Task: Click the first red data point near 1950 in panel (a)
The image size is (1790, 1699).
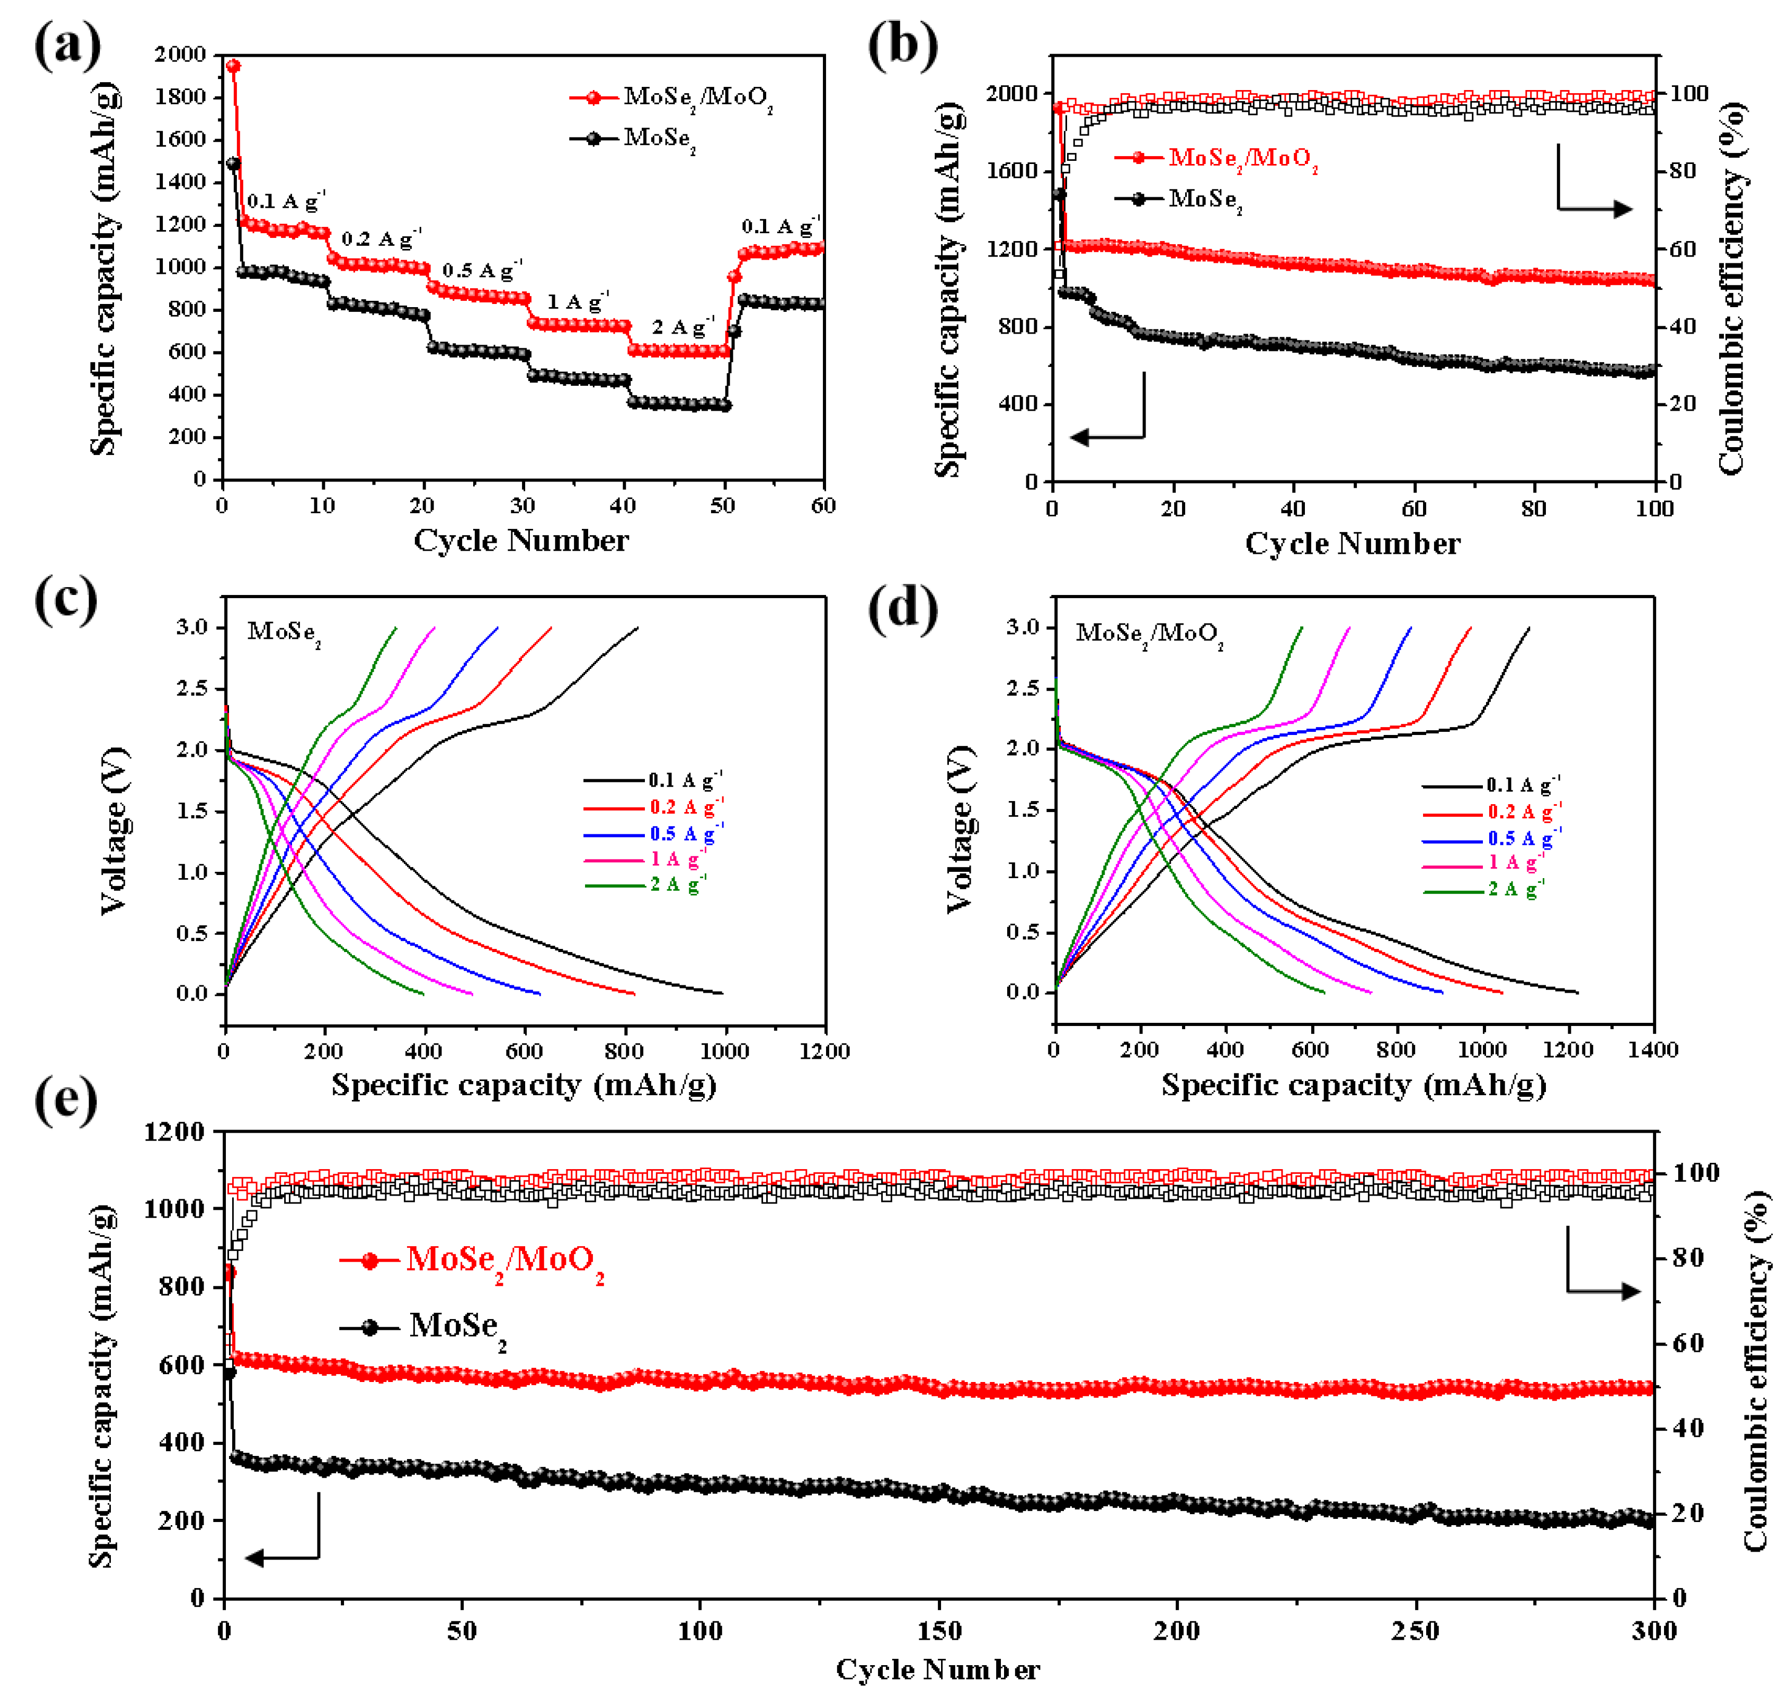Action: click(233, 66)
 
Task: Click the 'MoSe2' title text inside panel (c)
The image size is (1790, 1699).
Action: click(283, 632)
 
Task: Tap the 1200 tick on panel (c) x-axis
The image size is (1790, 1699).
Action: click(824, 1051)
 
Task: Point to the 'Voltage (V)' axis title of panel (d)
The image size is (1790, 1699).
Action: click(960, 830)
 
